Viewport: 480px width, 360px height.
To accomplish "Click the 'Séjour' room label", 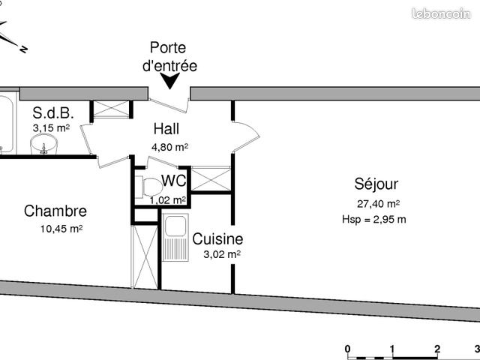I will pos(376,184).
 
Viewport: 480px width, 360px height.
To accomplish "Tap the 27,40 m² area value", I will pos(377,204).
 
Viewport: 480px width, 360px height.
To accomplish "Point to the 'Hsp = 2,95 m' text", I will pos(373,220).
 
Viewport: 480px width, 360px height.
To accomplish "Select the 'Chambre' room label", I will pos(55,211).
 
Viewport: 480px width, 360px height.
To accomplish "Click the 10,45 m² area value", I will pos(61,229).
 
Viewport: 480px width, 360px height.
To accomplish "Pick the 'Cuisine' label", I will pos(217,239).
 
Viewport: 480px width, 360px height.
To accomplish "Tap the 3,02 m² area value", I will pos(222,255).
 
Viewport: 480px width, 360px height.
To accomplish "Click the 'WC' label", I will pos(174,181).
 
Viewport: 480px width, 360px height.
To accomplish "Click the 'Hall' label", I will pos(166,129).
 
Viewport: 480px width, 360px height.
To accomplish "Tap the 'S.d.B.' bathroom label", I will pos(52,113).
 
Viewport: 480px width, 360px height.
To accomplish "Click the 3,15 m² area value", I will pos(50,128).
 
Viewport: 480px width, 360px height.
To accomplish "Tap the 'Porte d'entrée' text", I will pos(169,57).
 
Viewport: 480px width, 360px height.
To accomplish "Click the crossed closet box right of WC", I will pos(210,178).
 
